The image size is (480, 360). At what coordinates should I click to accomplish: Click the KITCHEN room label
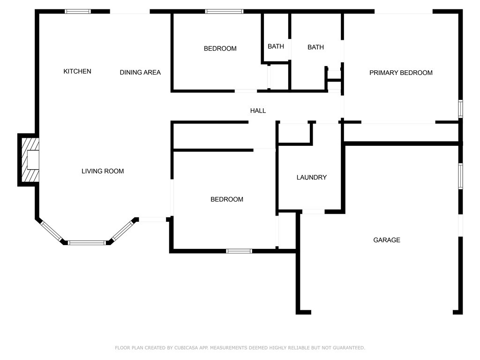77,71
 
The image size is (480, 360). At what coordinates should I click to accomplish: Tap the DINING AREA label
140,72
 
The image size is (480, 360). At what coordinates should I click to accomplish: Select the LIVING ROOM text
103,171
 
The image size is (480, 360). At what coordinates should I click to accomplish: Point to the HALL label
258,111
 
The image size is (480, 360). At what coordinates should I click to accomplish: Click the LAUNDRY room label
311,177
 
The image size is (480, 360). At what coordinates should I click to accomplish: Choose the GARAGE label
386,240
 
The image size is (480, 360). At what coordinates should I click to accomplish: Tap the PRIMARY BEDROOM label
401,73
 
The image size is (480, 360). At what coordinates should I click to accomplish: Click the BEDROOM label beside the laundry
226,199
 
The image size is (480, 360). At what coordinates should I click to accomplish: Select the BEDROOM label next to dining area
220,48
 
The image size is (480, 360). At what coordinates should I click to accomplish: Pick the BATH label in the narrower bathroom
276,46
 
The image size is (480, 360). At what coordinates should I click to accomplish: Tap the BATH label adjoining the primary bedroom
315,47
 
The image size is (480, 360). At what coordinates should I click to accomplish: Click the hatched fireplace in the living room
29,160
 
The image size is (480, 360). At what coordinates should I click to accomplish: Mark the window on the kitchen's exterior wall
78,11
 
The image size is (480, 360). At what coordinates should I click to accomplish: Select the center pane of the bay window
87,243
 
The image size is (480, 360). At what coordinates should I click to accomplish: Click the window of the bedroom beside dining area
224,11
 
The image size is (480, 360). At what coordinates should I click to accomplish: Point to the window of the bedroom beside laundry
239,251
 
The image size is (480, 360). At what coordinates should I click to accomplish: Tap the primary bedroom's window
460,109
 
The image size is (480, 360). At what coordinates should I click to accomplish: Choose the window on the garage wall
460,176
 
